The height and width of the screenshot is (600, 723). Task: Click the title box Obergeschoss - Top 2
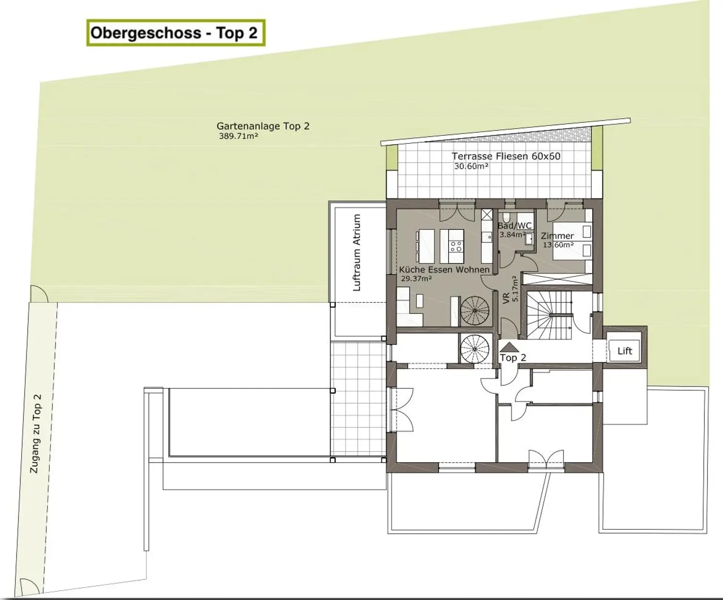coord(176,33)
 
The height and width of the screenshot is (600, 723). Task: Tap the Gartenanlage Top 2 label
coord(263,126)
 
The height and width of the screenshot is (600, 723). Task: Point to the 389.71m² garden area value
coord(238,136)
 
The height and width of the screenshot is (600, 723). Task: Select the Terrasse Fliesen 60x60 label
coord(506,156)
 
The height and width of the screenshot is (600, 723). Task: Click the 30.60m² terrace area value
coord(471,166)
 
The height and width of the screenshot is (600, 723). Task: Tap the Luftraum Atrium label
coord(357,253)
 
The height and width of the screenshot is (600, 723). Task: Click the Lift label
coord(625,351)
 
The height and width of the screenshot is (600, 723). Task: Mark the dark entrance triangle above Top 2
coord(509,347)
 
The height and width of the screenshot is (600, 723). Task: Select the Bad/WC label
coord(514,226)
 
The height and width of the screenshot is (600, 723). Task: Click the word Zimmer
coord(557,236)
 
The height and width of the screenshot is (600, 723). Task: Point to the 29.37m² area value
coord(416,278)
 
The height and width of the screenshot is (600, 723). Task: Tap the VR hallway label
coord(506,298)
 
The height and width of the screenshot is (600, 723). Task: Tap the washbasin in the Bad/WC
coord(529,239)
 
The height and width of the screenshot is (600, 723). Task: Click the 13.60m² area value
coord(558,245)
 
